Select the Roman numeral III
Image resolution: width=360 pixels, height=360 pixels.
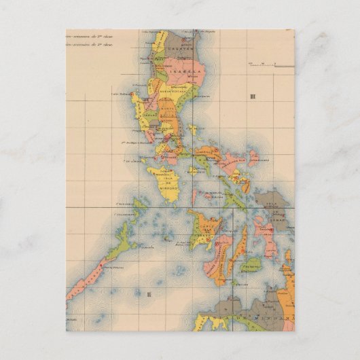coord(253,97)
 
